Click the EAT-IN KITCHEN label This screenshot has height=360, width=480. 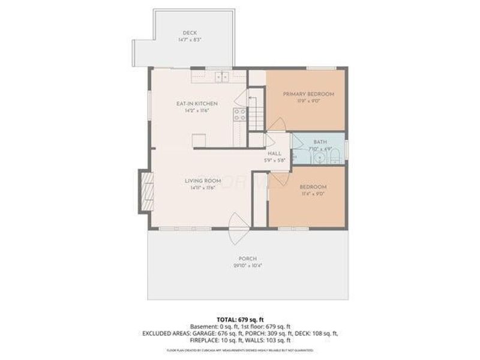[197, 104]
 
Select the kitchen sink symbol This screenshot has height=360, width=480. [223, 77]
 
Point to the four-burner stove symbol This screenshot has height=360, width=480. [239, 114]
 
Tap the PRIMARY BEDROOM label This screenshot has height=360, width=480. [308, 94]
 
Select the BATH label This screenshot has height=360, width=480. [320, 142]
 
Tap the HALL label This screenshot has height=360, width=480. [274, 154]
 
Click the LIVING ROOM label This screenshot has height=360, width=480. [203, 181]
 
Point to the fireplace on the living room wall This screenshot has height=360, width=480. [145, 190]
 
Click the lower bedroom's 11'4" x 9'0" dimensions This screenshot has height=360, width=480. [313, 194]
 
